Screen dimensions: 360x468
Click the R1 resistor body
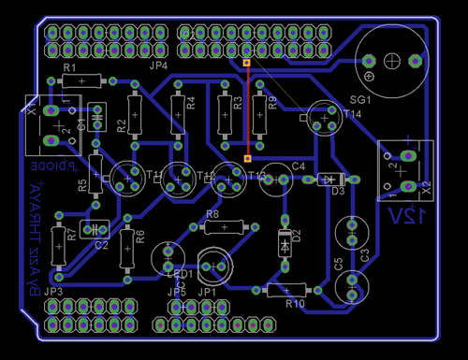click(x=82, y=81)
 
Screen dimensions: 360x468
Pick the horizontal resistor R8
click(x=225, y=227)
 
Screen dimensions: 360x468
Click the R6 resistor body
click(x=127, y=252)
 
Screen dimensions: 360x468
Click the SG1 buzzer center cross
click(x=392, y=63)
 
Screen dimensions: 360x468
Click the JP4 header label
click(x=157, y=67)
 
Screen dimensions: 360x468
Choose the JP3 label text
click(x=53, y=293)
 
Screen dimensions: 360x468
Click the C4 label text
click(x=299, y=166)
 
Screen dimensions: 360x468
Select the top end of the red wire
click(x=247, y=64)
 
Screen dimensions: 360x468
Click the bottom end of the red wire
click(x=247, y=159)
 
